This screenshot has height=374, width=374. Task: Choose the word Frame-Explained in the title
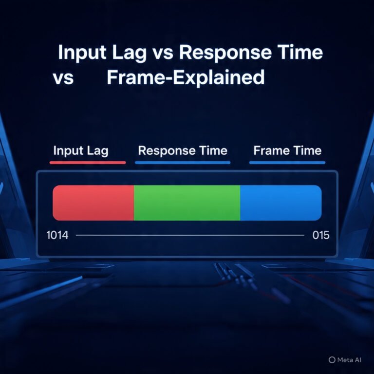[185, 78]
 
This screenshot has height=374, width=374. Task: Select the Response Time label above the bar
[183, 150]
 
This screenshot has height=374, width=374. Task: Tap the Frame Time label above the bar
[287, 150]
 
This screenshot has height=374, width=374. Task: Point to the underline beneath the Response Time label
[183, 162]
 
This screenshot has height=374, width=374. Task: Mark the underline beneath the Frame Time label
[287, 162]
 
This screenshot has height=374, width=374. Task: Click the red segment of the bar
[93, 203]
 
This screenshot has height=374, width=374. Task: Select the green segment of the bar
[187, 203]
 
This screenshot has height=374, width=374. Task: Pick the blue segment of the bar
[281, 203]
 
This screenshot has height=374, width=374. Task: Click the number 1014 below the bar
[57, 235]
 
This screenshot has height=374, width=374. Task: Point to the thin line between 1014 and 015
[190, 235]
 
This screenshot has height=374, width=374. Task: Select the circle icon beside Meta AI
[332, 360]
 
